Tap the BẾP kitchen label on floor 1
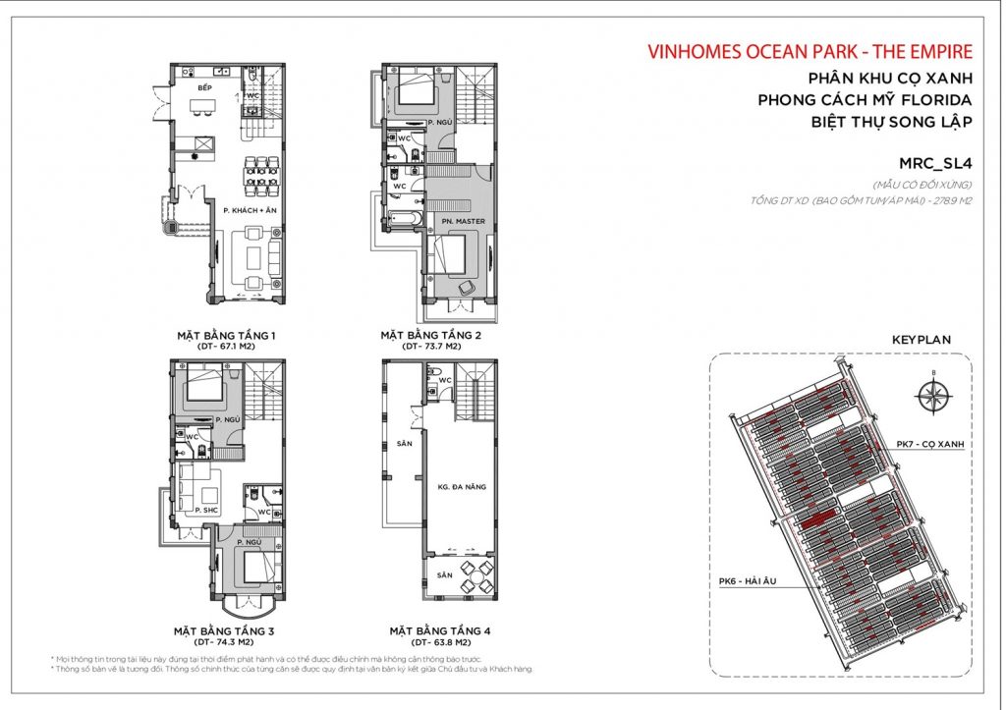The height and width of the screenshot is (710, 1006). pyautogui.click(x=204, y=89)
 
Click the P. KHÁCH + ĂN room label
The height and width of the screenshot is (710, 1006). pyautogui.click(x=245, y=211)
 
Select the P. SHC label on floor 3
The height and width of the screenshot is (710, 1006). pyautogui.click(x=204, y=510)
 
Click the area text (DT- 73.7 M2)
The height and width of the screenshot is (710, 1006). pyautogui.click(x=430, y=347)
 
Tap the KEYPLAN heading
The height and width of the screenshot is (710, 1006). pyautogui.click(x=921, y=339)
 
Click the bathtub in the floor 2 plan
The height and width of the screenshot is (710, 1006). pyautogui.click(x=404, y=216)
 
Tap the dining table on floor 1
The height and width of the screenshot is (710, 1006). pyautogui.click(x=260, y=173)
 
